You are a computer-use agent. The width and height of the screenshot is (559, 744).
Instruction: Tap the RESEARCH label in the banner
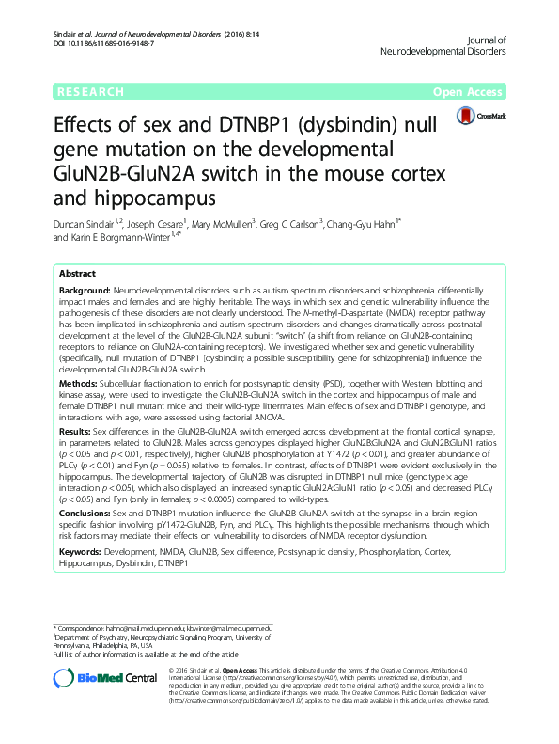pos(90,92)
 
